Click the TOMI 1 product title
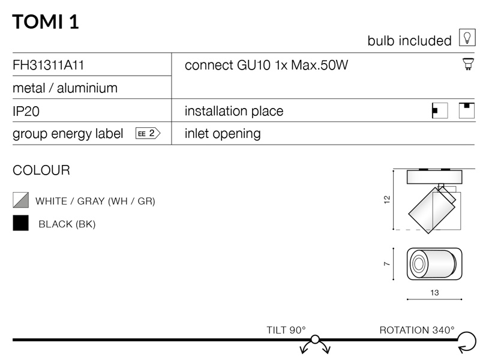[x=46, y=22]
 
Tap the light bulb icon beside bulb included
[x=467, y=38]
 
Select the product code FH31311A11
[x=48, y=65]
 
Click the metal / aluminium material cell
[x=65, y=88]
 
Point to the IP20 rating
[x=26, y=111]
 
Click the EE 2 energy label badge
[x=148, y=133]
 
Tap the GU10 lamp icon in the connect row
[x=468, y=64]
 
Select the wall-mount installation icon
[x=440, y=110]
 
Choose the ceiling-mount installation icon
[x=467, y=110]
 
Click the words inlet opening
[x=223, y=134]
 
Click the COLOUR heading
[x=41, y=170]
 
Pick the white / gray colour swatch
[x=21, y=200]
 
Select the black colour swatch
[x=21, y=223]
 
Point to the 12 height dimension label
[x=387, y=200]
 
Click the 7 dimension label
[x=387, y=264]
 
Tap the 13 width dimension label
[x=434, y=293]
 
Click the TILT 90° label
[x=286, y=330]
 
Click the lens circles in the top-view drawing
[x=418, y=263]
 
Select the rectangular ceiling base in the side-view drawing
[x=434, y=177]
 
